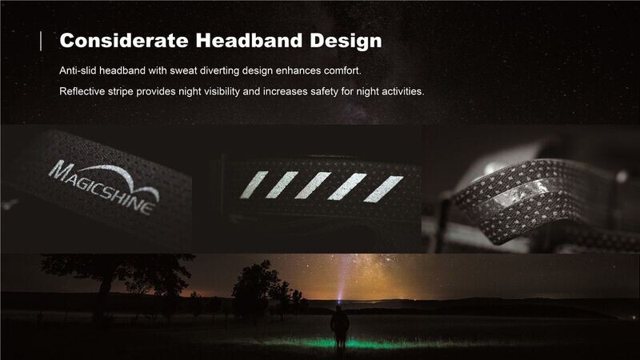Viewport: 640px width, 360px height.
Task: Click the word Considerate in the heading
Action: click(124, 41)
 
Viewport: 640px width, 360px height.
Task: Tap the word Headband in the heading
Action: click(249, 41)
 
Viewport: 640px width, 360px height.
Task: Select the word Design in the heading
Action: click(346, 42)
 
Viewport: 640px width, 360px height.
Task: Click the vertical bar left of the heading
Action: click(41, 42)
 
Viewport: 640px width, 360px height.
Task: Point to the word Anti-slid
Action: click(78, 70)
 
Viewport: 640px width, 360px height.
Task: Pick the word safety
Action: click(325, 91)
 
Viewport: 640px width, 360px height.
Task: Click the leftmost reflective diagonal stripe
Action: click(254, 185)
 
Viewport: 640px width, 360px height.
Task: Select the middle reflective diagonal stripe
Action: click(313, 186)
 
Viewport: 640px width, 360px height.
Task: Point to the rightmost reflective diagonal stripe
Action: click(383, 189)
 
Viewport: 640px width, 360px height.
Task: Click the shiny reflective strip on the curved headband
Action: click(526, 193)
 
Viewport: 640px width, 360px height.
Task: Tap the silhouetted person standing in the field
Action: click(339, 327)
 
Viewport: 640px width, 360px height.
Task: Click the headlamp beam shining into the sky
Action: click(342, 278)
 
